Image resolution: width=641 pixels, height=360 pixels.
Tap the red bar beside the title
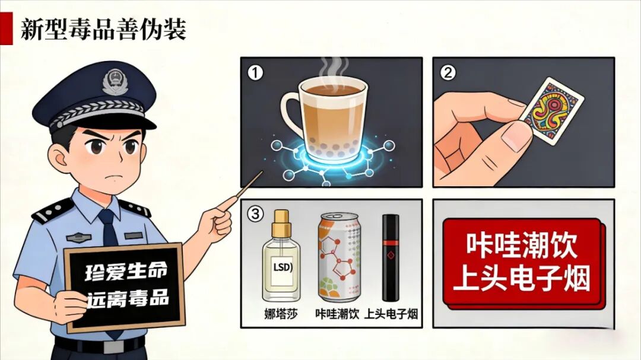point(6,28)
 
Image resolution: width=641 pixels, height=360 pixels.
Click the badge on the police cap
point(115,82)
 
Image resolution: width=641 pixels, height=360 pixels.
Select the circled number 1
point(255,73)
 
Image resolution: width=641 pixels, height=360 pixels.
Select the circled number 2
point(448,73)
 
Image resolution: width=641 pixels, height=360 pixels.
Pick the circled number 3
point(255,214)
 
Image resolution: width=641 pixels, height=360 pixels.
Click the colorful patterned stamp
point(552,111)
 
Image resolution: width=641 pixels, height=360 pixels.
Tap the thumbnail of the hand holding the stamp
point(516,137)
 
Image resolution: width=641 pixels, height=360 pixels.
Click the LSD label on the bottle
point(283,267)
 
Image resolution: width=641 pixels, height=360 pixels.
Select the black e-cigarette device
point(391,257)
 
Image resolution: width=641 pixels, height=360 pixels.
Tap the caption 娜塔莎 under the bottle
point(281,314)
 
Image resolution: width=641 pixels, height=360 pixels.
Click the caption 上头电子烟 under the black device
point(391,314)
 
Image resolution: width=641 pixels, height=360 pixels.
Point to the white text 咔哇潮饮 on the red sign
point(522,245)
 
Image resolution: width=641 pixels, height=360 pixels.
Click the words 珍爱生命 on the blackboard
point(126,272)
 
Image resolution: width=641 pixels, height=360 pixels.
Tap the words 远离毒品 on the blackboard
point(128,299)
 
